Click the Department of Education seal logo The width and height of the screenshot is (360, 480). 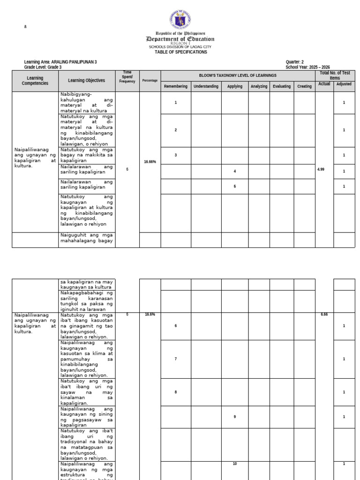180,20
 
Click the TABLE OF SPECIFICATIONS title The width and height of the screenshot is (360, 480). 181,52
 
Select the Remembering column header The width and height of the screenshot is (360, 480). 176,86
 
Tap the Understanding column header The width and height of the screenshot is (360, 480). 206,86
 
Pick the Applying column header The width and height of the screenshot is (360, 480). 235,86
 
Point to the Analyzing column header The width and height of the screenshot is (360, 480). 259,86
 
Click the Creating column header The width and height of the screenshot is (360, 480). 304,86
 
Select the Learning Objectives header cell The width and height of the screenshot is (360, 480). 87,81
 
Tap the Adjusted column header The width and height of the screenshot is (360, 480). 344,84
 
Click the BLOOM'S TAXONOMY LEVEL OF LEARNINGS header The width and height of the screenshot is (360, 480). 238,75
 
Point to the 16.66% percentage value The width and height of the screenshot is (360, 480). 150,161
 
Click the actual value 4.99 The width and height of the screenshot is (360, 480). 321,169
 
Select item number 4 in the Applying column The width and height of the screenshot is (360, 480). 235,171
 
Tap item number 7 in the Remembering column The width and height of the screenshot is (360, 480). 176,359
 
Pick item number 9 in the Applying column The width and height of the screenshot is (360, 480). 235,417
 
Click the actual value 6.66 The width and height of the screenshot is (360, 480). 324,314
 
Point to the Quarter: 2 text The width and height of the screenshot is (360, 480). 295,62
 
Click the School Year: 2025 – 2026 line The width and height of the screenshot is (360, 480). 307,67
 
